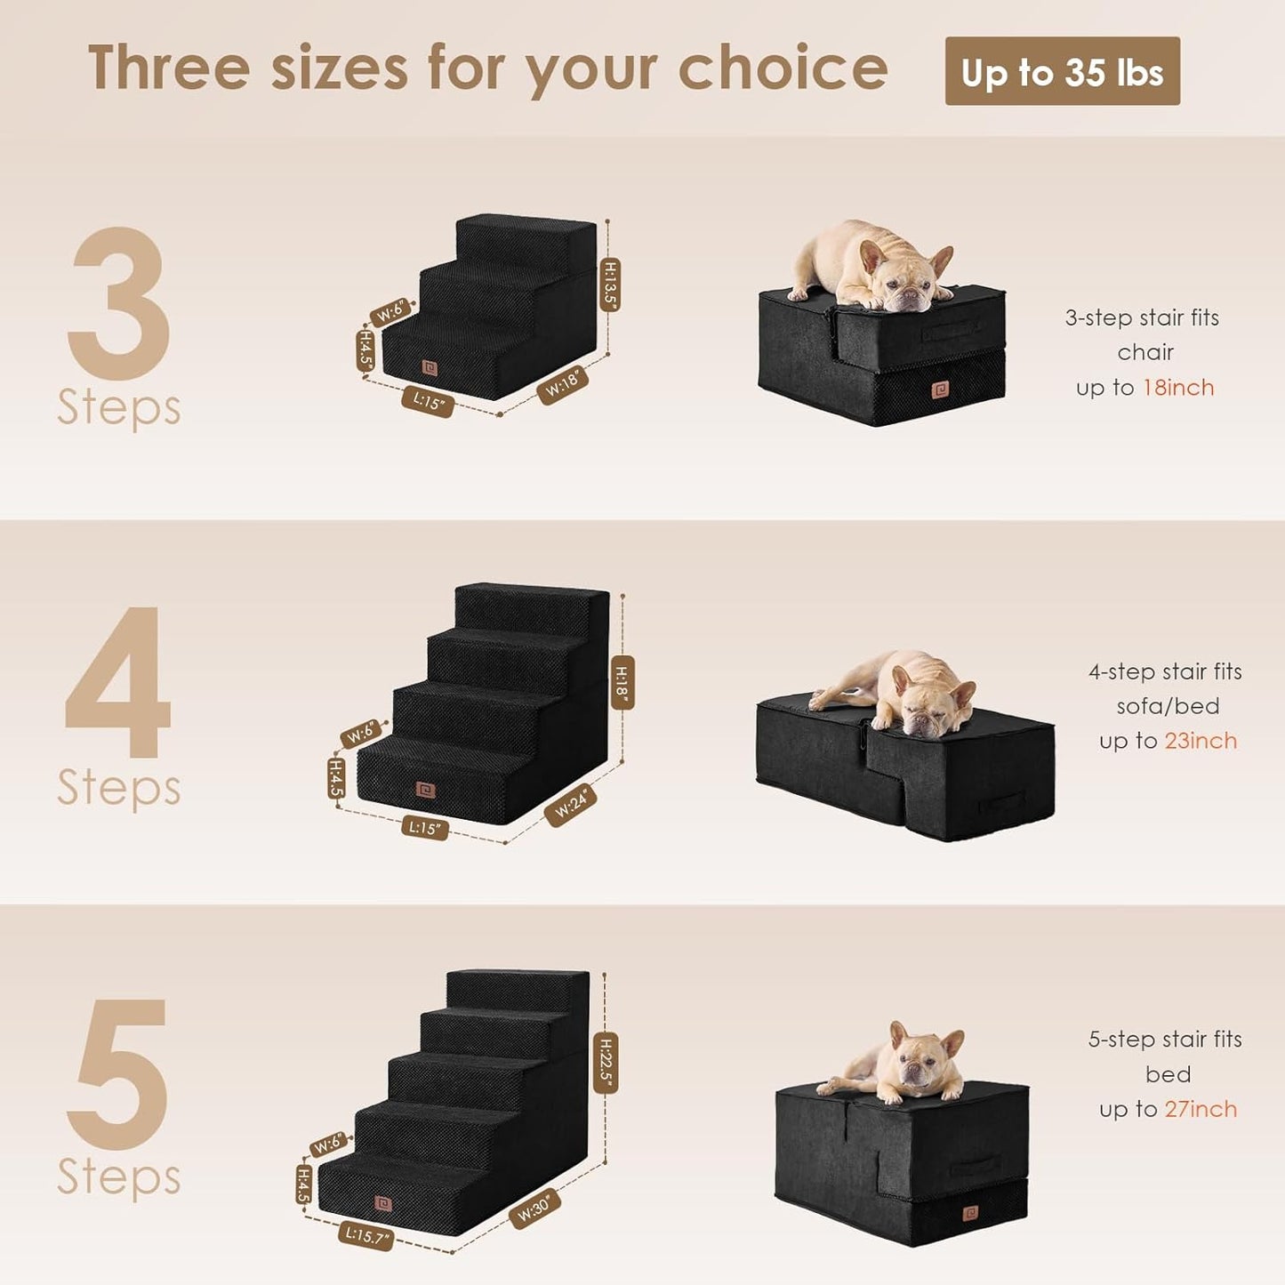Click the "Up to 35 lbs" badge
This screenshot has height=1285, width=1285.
coord(1062,72)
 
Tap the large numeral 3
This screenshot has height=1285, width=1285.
coord(119,303)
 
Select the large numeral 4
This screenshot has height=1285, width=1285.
coord(118,683)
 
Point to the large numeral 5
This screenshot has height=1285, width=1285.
coord(119,1073)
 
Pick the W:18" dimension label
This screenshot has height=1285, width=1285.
coord(563,384)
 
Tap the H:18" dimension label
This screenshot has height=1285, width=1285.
coord(622,683)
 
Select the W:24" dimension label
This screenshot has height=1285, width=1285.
coord(571,805)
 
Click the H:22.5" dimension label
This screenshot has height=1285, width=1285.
coord(606,1063)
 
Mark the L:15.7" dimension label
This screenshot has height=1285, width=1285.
coord(365,1235)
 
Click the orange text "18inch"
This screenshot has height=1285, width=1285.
coord(1178,388)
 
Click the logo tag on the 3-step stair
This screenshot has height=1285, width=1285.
coord(430,367)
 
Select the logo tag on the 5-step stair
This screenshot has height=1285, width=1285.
coord(383,1203)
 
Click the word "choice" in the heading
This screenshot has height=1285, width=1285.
coord(783,68)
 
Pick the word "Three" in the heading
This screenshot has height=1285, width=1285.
coord(169,68)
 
